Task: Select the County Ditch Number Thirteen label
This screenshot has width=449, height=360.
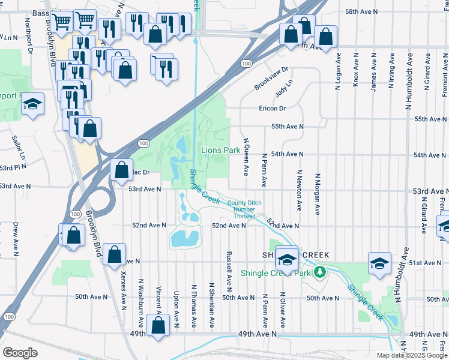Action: point(244,209)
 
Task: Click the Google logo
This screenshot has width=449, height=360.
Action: point(20,352)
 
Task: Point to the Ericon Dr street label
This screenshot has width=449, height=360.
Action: point(272,108)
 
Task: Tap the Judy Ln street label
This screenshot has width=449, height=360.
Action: point(283,91)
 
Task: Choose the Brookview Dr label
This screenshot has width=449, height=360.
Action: point(271,78)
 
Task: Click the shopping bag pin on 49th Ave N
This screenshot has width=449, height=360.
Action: point(158,326)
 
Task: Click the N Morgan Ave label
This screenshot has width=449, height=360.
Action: point(318,194)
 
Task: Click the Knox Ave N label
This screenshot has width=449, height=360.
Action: point(356,71)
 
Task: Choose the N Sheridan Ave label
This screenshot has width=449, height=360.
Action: point(211,304)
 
